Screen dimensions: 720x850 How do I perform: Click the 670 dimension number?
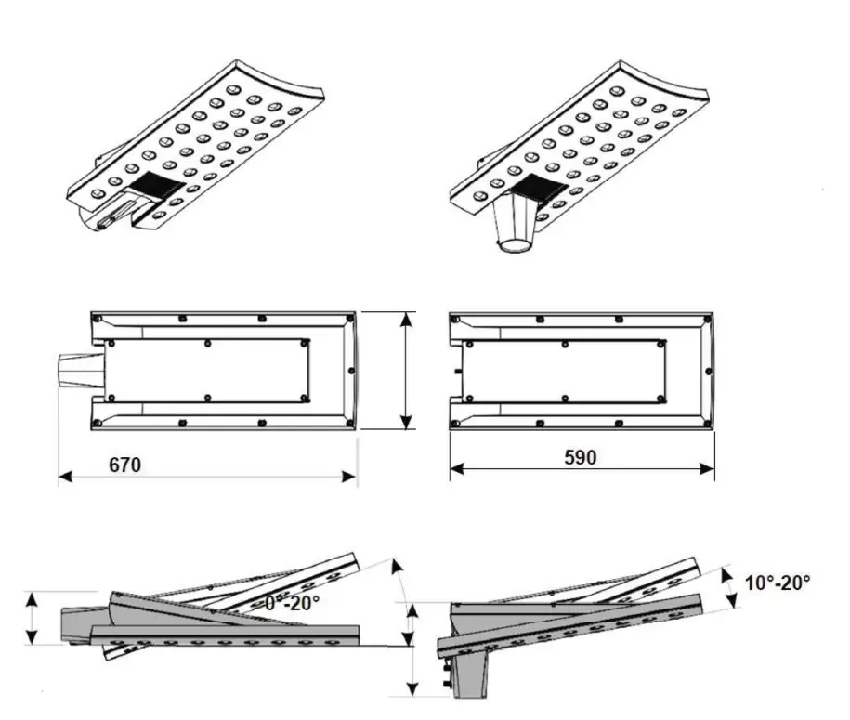(124, 465)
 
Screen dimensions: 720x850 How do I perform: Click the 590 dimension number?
(580, 457)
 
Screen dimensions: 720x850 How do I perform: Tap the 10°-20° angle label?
(778, 583)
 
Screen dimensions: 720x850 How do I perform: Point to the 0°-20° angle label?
(292, 603)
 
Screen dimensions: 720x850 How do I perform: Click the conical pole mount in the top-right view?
(516, 227)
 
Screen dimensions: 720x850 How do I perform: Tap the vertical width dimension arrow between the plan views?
(406, 371)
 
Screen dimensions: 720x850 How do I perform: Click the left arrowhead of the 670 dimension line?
(64, 478)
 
